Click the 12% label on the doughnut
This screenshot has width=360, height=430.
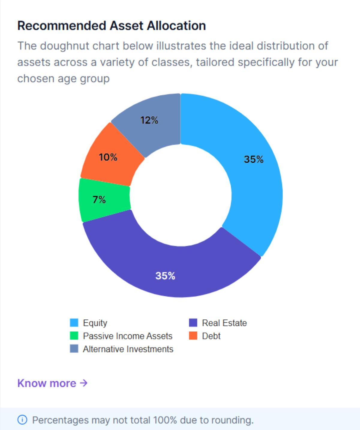click(x=149, y=120)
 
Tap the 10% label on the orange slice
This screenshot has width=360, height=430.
click(x=108, y=157)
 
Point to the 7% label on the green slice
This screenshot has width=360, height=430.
click(x=99, y=199)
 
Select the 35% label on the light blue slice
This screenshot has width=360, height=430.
click(x=253, y=159)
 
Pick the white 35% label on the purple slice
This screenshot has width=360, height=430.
click(x=165, y=276)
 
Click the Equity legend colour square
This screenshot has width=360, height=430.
click(x=74, y=323)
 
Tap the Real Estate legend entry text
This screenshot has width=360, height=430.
click(x=224, y=323)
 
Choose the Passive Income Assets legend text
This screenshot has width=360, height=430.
click(x=127, y=336)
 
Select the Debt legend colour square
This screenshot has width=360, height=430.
click(x=193, y=336)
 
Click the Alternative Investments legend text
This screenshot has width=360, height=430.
click(x=128, y=349)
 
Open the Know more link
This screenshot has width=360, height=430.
click(x=47, y=383)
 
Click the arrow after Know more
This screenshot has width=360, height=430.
click(x=84, y=383)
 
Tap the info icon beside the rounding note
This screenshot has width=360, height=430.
click(x=22, y=420)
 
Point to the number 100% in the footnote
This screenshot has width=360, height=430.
click(x=165, y=420)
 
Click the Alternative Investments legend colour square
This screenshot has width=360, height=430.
click(x=74, y=349)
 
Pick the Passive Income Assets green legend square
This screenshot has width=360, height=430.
click(x=74, y=336)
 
